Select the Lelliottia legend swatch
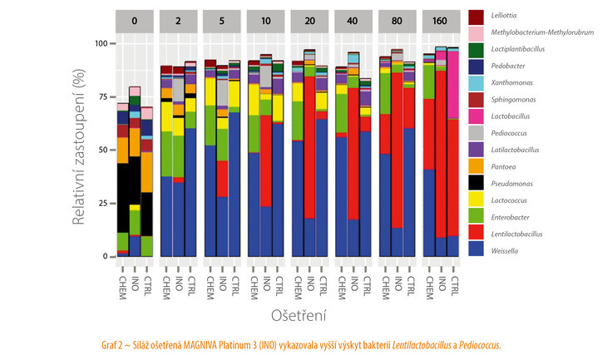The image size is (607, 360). tap(476, 16)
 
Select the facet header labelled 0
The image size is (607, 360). tap(135, 21)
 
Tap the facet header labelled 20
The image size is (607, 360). tap(308, 21)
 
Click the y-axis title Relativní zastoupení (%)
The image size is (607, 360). tap(79, 150)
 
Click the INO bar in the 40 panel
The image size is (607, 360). tap(353, 166)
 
